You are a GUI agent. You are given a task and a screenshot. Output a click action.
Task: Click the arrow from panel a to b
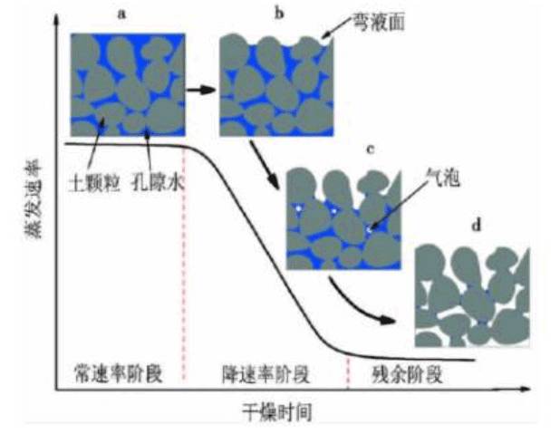[202, 91]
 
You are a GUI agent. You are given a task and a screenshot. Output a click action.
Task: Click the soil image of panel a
[129, 82]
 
